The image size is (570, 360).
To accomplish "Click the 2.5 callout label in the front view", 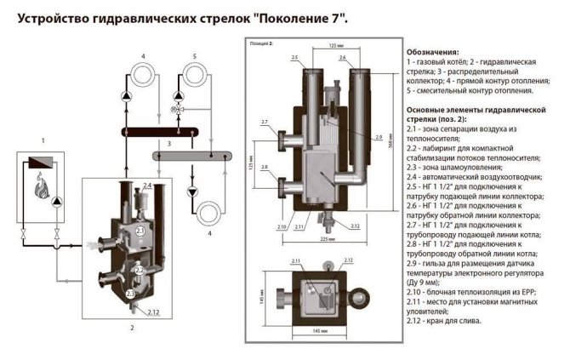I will (x=294, y=57).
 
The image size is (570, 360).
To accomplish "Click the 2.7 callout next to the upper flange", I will (x=265, y=123).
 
